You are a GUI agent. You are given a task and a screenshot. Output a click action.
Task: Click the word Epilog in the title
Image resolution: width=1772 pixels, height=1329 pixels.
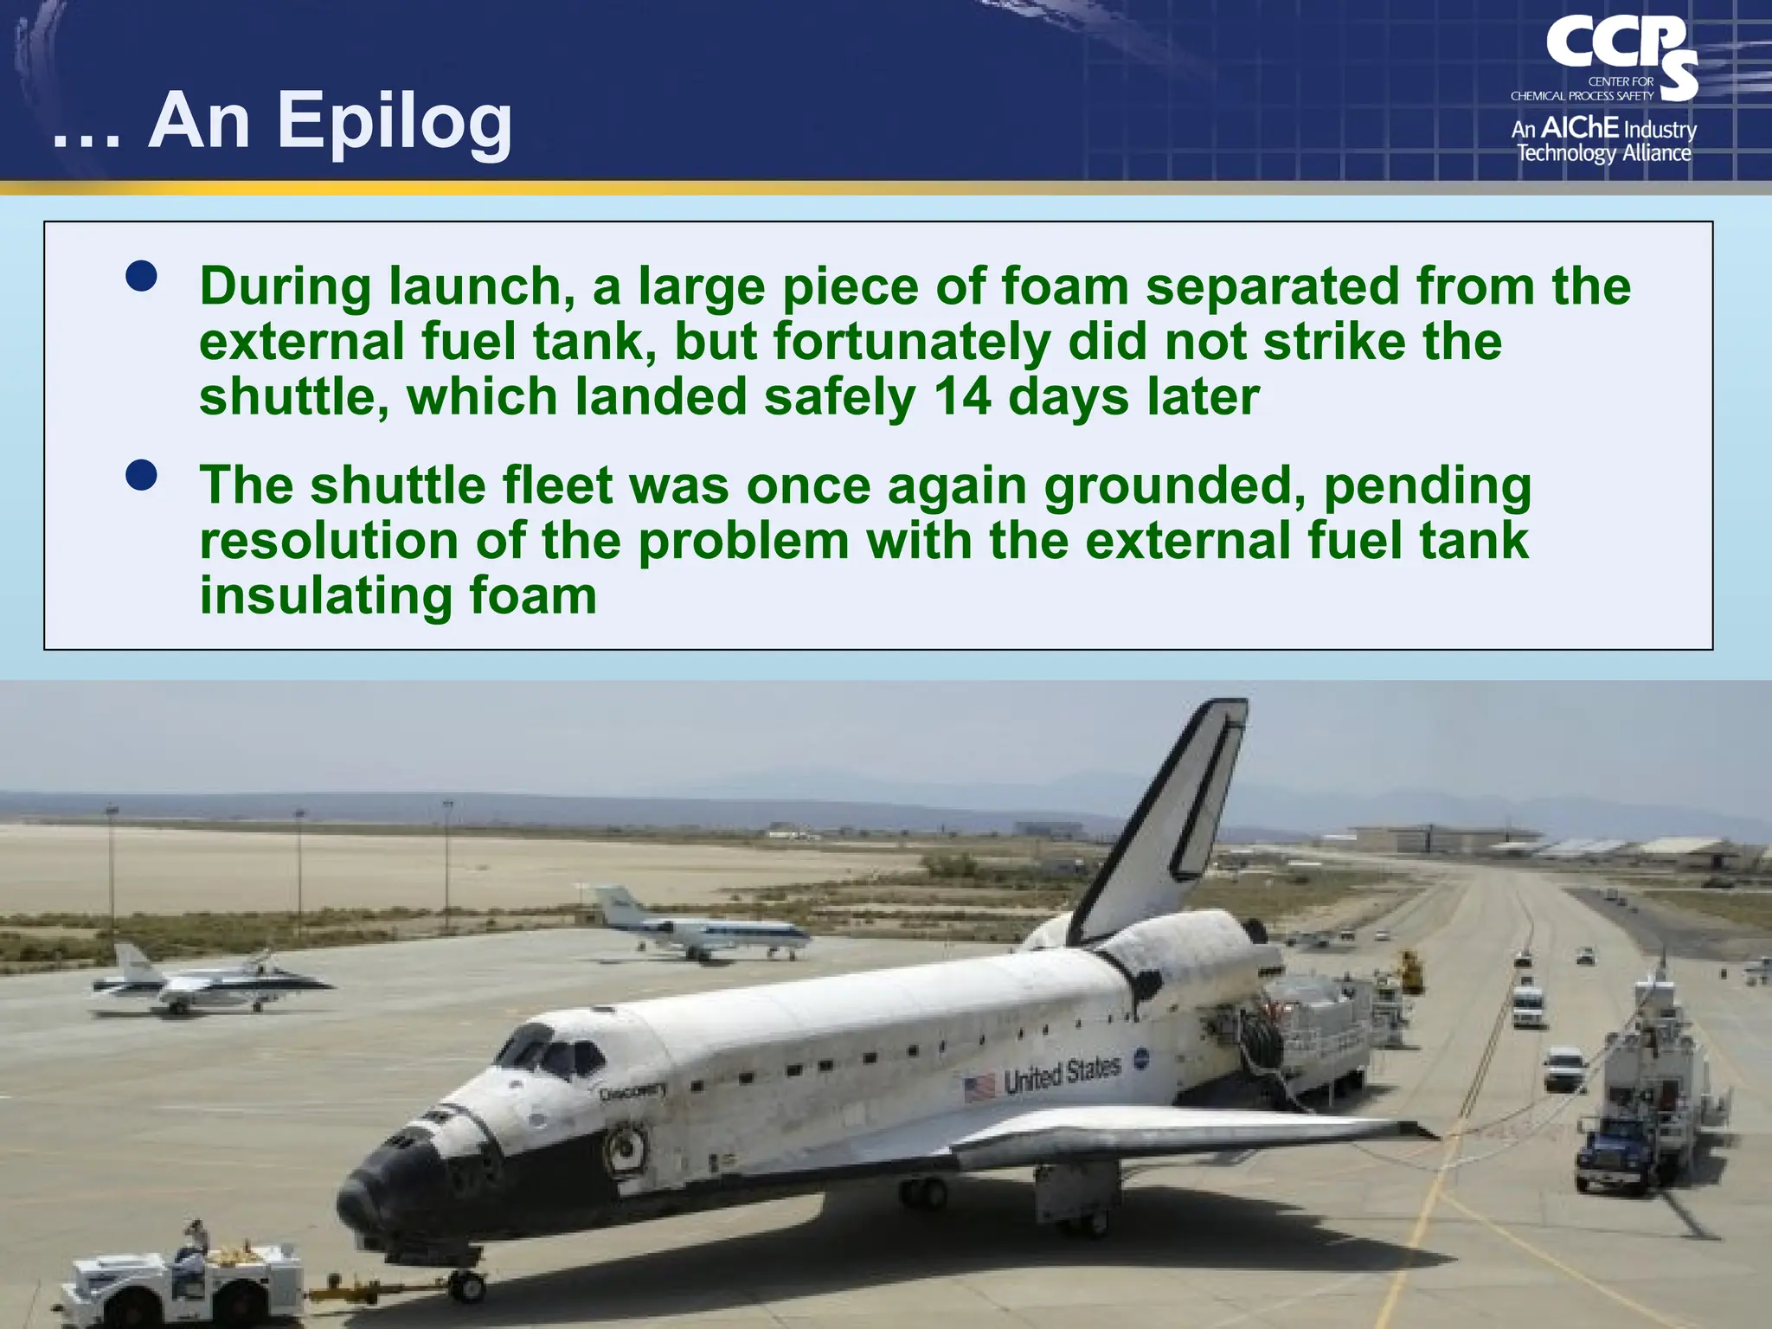pos(394,123)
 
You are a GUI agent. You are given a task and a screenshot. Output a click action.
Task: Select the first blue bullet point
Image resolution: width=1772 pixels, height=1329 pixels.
pos(141,276)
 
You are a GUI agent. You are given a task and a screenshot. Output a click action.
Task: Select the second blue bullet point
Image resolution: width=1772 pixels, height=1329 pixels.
pos(141,475)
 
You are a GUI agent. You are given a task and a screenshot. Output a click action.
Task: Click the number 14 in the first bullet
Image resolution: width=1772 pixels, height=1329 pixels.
pos(962,397)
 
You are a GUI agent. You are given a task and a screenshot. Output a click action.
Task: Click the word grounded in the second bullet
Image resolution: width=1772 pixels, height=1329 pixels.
pos(1174,485)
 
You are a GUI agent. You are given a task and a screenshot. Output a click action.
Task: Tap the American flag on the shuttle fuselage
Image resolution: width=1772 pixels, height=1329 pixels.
pos(979,1087)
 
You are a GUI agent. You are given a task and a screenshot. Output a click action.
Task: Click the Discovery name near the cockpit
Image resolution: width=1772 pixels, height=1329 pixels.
pos(632,1093)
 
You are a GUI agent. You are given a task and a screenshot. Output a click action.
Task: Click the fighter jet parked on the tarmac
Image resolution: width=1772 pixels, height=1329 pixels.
pos(208,985)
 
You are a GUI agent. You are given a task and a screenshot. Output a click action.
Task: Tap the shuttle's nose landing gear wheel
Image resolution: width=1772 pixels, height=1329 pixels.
pos(468,1287)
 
